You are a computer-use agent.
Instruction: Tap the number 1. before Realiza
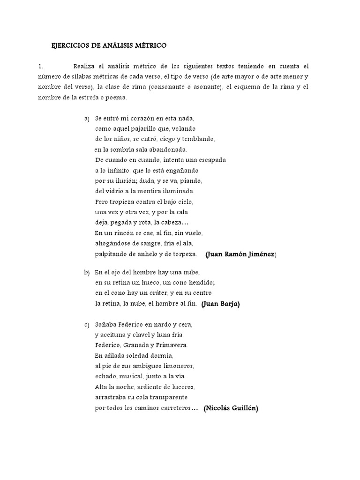[41, 66]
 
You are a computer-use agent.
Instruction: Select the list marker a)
[87, 119]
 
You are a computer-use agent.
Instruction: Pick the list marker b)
[87, 272]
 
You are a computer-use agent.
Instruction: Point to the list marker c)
[87, 324]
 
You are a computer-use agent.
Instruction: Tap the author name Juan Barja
[220, 304]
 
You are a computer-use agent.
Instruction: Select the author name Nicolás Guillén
[231, 408]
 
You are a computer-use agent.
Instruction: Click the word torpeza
[185, 254]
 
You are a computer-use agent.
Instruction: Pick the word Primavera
[172, 345]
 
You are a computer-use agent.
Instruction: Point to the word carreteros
[172, 408]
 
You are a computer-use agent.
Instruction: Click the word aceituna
[115, 335]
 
